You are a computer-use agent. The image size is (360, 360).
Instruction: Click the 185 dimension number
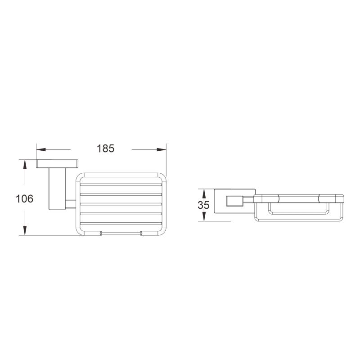pyautogui.click(x=106, y=148)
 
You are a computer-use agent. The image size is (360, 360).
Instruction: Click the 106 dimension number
pyautogui.click(x=25, y=198)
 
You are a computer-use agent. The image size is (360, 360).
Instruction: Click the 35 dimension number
pyautogui.click(x=203, y=205)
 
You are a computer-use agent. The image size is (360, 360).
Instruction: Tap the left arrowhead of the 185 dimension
pyautogui.click(x=41, y=149)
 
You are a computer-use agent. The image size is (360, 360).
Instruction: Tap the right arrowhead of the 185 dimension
pyautogui.click(x=162, y=149)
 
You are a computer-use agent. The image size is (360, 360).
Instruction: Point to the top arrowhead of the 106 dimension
pyautogui.click(x=25, y=164)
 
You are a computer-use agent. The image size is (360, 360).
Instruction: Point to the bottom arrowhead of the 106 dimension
pyautogui.click(x=25, y=231)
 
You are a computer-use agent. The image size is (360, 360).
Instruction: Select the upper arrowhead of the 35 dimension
pyautogui.click(x=203, y=193)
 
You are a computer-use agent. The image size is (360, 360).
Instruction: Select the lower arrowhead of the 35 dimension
pyautogui.click(x=203, y=217)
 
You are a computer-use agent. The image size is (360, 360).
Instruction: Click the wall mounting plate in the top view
pyautogui.click(x=57, y=163)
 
